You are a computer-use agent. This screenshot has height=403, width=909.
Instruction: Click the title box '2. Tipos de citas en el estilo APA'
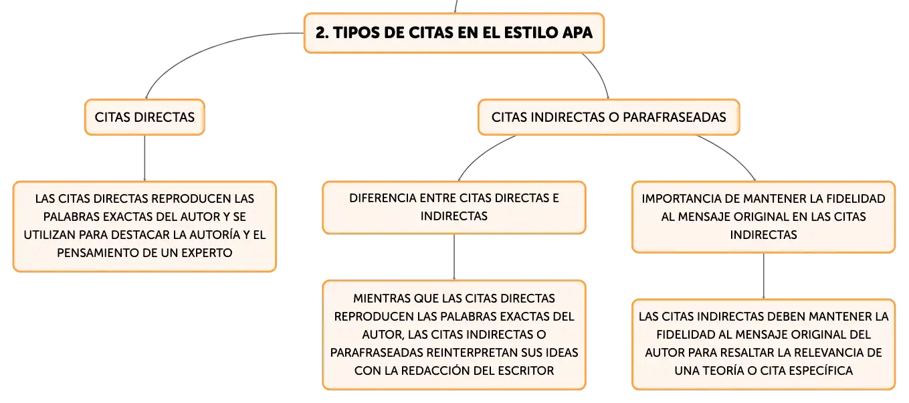pyautogui.click(x=453, y=32)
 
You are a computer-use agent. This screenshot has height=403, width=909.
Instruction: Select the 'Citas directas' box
pyautogui.click(x=144, y=117)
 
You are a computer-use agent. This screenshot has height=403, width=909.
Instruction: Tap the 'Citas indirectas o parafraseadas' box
pyautogui.click(x=608, y=117)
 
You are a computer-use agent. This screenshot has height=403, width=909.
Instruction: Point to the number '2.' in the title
pyautogui.click(x=321, y=32)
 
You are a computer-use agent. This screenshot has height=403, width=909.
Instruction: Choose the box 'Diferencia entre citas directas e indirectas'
pyautogui.click(x=453, y=208)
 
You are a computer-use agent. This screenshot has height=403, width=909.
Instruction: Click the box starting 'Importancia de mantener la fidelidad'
pyautogui.click(x=763, y=217)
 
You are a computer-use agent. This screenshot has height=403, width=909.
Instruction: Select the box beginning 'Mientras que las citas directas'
pyautogui.click(x=453, y=334)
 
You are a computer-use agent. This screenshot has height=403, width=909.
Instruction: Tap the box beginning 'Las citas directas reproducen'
pyautogui.click(x=144, y=226)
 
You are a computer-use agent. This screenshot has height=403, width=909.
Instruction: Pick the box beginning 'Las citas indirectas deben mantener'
pyautogui.click(x=763, y=343)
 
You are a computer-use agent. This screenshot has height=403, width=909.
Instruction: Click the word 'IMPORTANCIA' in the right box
pyautogui.click(x=676, y=199)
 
